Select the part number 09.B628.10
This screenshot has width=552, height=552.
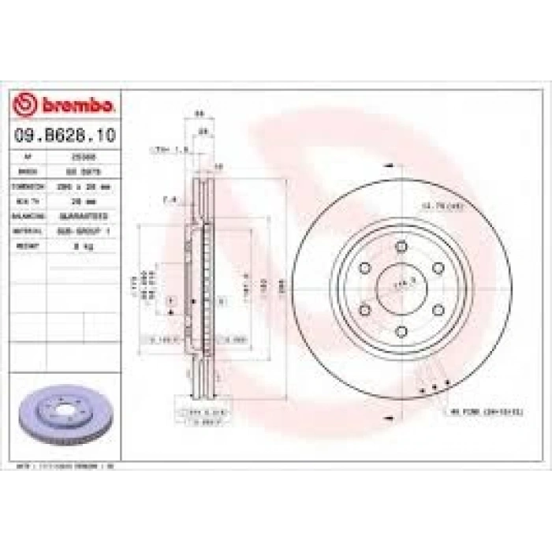tap(64, 135)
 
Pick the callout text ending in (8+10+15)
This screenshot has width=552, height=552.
tap(487, 411)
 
